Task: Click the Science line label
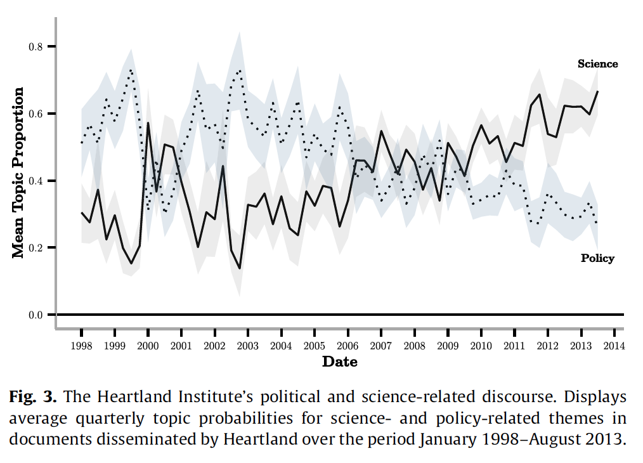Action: click(597, 63)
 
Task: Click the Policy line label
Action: click(597, 258)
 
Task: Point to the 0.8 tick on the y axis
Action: click(37, 47)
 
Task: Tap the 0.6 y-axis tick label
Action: click(37, 114)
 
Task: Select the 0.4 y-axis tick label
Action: click(37, 181)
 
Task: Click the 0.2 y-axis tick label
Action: click(37, 248)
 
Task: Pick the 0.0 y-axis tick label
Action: click(37, 315)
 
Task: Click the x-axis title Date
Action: click(340, 362)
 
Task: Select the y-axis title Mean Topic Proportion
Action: click(18, 173)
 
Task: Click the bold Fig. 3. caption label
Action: click(34, 398)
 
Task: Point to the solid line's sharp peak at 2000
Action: click(148, 123)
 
